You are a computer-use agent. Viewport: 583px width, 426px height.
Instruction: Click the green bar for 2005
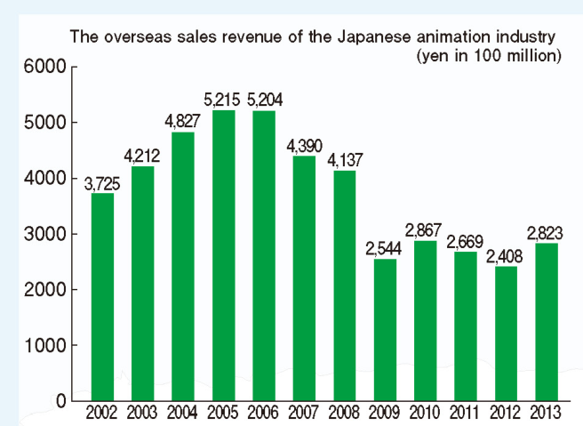pos(224,255)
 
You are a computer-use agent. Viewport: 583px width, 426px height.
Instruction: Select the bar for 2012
pos(507,334)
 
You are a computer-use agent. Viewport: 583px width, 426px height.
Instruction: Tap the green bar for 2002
pos(103,297)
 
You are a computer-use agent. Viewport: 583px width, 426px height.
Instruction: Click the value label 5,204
pos(266,100)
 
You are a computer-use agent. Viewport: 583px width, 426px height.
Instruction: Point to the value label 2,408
pos(507,256)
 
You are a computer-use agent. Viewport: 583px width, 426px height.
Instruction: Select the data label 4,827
pos(183,121)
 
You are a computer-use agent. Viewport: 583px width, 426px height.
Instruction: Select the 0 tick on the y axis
pos(60,401)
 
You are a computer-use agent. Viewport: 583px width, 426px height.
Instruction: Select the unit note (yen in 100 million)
pos(487,55)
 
